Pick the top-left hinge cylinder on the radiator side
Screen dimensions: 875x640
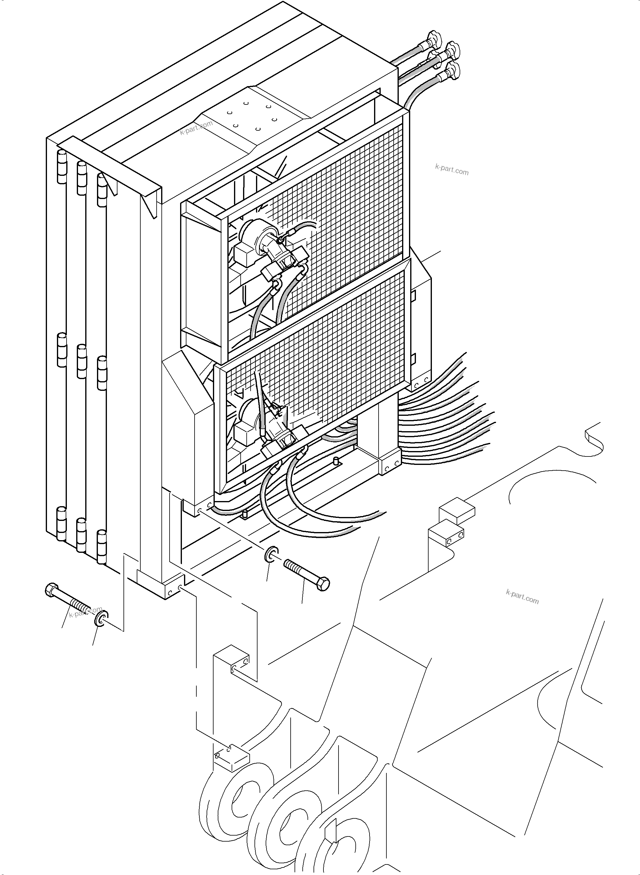[x=62, y=167]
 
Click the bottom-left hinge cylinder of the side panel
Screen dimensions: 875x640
[x=62, y=523]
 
